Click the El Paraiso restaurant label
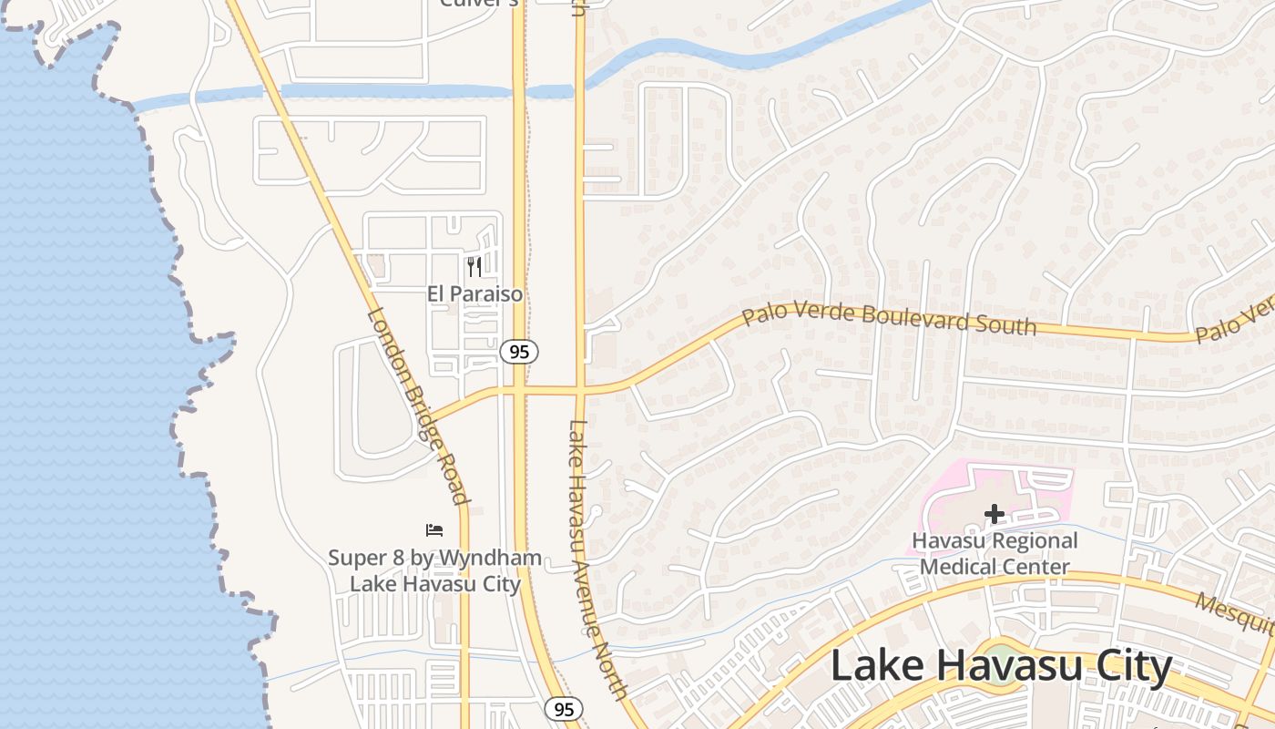pos(475,293)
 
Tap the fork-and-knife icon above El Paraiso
pos(474,266)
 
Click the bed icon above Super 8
pos(434,529)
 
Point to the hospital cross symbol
pos(994,515)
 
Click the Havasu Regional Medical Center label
pos(994,553)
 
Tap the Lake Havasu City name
pos(1001,667)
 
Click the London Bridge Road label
pos(418,406)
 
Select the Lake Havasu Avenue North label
pos(597,560)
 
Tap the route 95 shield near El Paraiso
pos(518,352)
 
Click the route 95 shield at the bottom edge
pos(563,709)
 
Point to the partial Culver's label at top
pos(479,4)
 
